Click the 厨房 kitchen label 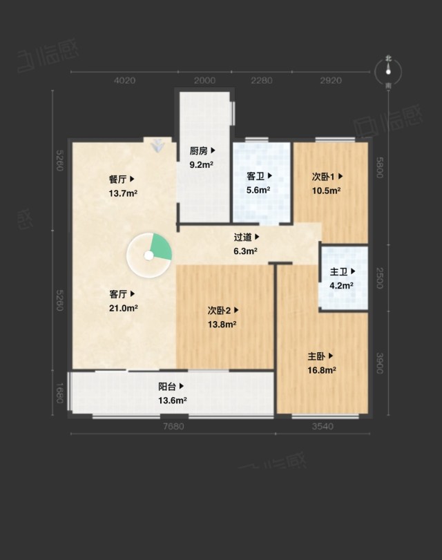(x=199, y=151)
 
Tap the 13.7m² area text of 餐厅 (x=123, y=193)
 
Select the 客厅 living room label (x=118, y=294)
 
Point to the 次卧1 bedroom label (x=323, y=177)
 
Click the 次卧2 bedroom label (x=219, y=311)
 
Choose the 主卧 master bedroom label (x=316, y=356)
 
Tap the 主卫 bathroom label (x=338, y=271)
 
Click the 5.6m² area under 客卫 (x=258, y=190)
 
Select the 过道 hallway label (x=243, y=237)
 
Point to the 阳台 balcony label (x=167, y=387)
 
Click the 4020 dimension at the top (x=124, y=80)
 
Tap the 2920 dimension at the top (x=331, y=80)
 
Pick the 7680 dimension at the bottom (x=173, y=427)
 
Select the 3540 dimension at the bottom (x=323, y=427)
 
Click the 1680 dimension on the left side (x=60, y=393)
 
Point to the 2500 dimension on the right (x=379, y=278)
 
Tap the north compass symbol (x=388, y=72)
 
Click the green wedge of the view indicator (x=162, y=247)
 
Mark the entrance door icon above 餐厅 (x=157, y=145)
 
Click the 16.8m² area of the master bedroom (x=322, y=370)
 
